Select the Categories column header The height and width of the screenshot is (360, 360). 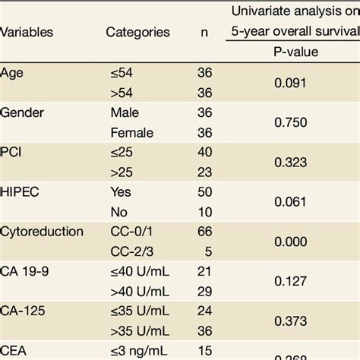coord(137,33)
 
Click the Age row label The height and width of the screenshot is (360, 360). coord(12,72)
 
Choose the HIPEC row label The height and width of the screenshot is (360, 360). coord(21,192)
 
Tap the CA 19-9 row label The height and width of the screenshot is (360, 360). coord(25,271)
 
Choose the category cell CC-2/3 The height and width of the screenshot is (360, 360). coord(131,251)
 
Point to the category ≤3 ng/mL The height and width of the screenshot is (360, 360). coord(140,350)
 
